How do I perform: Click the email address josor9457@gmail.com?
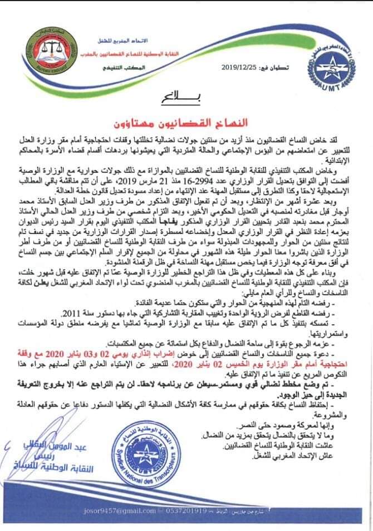tap(114, 510)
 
